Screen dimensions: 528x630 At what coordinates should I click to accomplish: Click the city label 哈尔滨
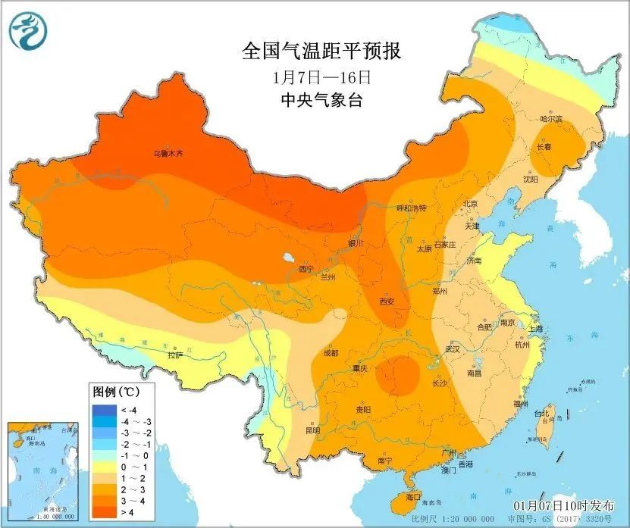click(x=551, y=119)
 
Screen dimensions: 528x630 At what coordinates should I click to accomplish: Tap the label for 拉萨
click(x=175, y=355)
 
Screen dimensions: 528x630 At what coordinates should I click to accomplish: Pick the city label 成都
click(x=331, y=352)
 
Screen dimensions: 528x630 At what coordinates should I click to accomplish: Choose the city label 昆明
click(x=312, y=430)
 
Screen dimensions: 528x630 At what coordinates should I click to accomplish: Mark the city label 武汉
click(x=453, y=350)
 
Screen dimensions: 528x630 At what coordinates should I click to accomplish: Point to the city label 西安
click(x=386, y=301)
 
